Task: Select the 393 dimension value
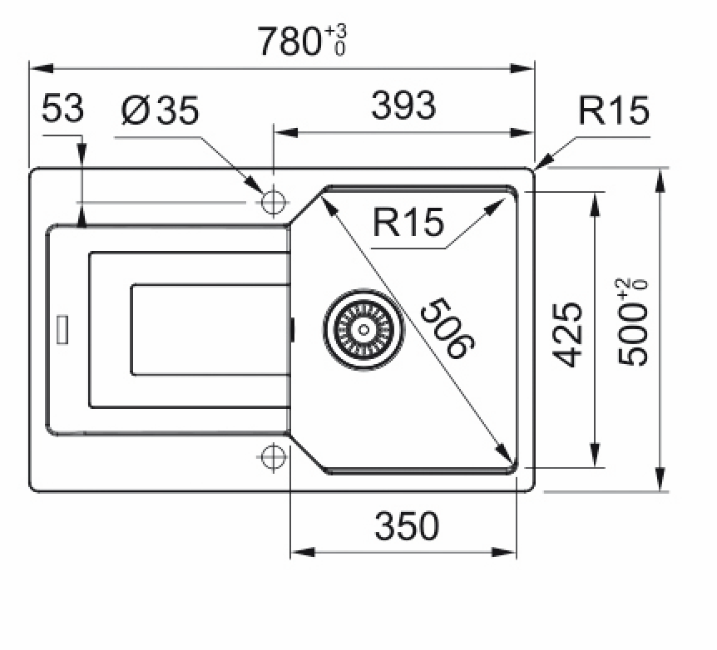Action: [403, 106]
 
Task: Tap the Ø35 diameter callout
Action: [160, 111]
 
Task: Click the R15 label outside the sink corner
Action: [614, 111]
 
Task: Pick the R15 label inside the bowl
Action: [408, 223]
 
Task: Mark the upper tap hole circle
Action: [273, 202]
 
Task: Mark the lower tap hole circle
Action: [273, 456]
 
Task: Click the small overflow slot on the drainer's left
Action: [62, 329]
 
